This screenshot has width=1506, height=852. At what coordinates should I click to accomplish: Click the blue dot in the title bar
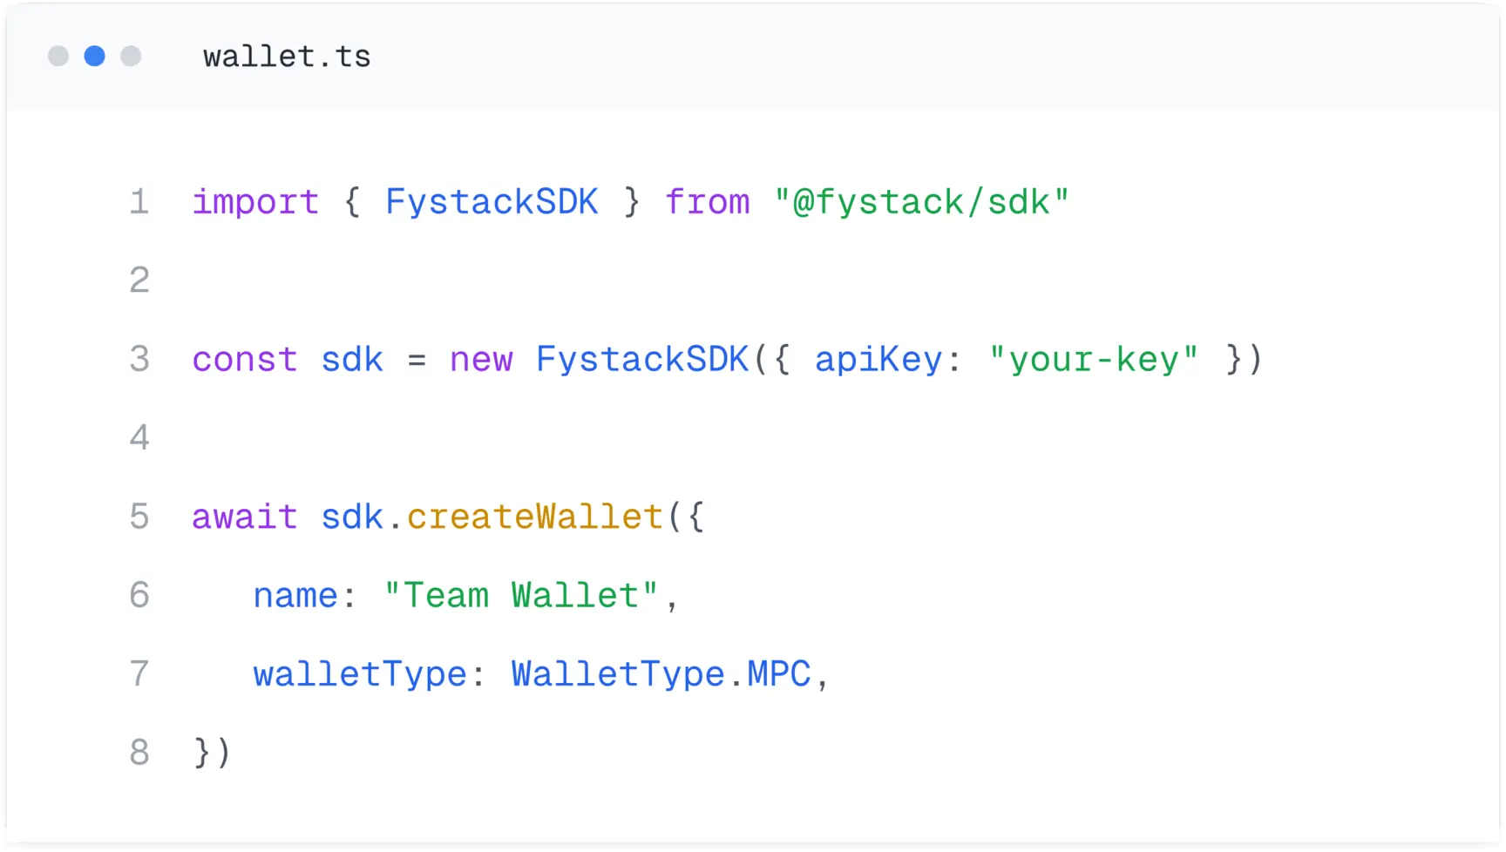94,57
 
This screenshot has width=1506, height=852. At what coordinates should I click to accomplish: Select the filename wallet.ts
287,57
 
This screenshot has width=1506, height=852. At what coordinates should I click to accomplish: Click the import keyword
255,203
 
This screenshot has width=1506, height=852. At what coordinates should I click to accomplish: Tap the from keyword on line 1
707,203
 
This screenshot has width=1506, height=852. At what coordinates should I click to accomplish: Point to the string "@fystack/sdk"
921,203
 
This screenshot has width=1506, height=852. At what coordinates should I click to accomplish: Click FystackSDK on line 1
492,203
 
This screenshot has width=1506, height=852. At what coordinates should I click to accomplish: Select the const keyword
245,360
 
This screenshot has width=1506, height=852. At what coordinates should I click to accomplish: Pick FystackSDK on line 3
642,360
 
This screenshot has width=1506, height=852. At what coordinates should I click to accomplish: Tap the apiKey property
878,360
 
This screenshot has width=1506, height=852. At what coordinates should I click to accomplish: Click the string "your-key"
1094,360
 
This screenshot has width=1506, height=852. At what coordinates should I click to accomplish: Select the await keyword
245,517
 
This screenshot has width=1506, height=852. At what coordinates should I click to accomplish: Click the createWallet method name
535,517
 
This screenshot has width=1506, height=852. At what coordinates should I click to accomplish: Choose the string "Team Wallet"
521,596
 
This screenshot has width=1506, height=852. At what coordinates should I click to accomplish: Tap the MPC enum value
779,674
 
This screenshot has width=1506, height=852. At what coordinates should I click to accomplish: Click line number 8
139,753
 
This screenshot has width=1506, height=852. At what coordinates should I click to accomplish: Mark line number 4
139,437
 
